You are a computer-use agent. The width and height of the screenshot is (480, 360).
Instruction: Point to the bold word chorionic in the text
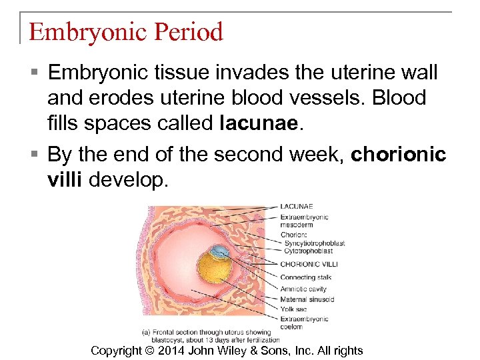click(399, 155)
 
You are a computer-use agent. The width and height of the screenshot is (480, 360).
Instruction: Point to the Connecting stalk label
click(306, 277)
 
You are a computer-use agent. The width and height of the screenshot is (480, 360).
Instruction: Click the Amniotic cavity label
click(303, 289)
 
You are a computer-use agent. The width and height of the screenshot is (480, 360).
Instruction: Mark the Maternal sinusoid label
click(307, 299)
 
